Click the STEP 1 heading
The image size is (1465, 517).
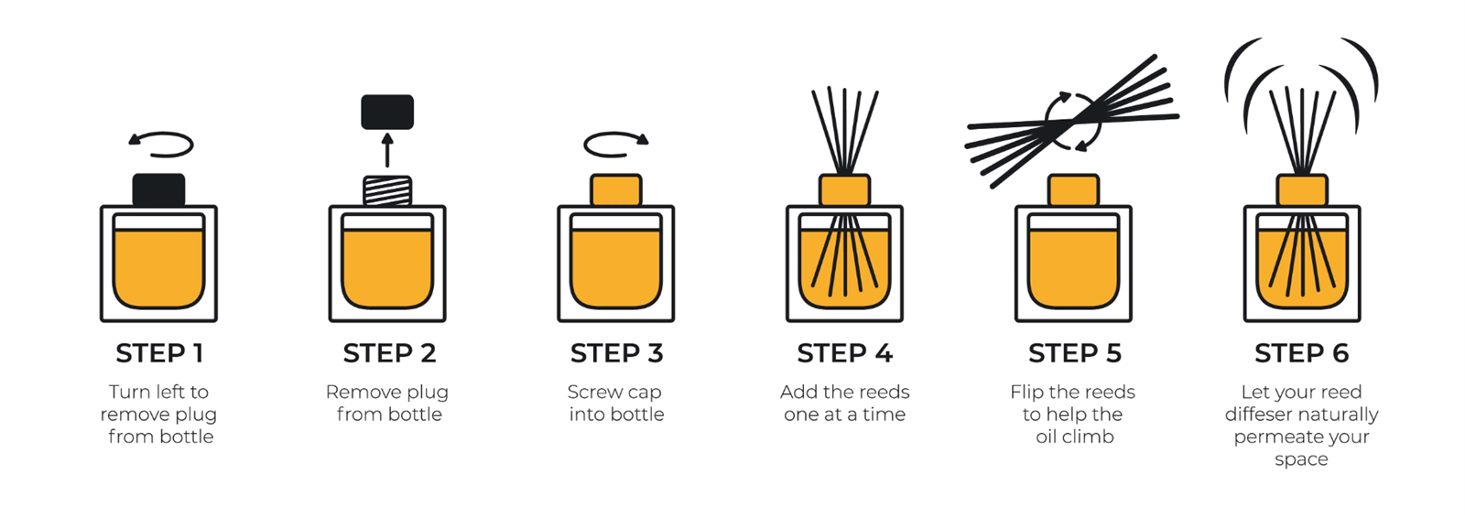(x=159, y=353)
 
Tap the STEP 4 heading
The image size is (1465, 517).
(x=845, y=353)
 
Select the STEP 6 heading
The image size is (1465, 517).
(x=1301, y=353)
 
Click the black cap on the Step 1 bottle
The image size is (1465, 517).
(x=159, y=190)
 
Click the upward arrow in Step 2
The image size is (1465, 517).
(x=387, y=150)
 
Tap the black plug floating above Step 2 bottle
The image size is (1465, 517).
(x=387, y=112)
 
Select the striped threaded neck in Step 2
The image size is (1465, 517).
(x=387, y=191)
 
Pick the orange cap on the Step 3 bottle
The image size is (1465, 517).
(x=616, y=190)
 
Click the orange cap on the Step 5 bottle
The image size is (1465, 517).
(x=1073, y=190)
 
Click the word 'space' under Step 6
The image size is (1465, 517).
(x=1301, y=460)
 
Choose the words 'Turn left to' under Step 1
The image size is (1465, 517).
(x=159, y=393)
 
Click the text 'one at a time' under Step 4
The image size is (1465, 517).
(x=845, y=415)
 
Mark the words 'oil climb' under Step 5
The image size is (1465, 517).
(x=1075, y=436)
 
